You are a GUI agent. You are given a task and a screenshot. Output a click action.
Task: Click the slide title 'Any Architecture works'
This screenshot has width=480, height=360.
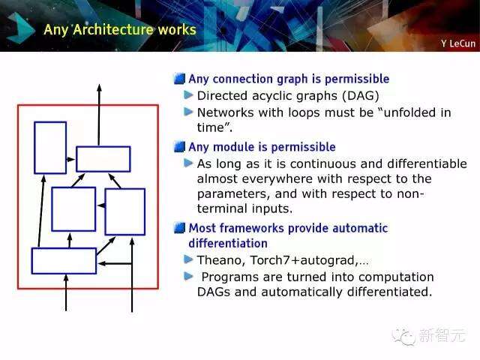click(120, 30)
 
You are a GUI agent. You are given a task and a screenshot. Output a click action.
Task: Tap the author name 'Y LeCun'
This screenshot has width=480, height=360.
click(457, 43)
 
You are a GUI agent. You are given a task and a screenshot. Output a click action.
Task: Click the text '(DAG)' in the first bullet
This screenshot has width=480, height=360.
click(361, 95)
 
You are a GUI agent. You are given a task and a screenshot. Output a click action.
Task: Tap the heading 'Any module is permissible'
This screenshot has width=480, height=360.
click(262, 147)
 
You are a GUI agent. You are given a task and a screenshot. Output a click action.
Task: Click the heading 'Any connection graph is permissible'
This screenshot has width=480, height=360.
click(289, 79)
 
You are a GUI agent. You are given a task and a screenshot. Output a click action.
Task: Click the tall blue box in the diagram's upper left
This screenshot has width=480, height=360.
click(50, 148)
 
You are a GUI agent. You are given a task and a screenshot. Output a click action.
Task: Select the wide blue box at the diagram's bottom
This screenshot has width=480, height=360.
click(64, 260)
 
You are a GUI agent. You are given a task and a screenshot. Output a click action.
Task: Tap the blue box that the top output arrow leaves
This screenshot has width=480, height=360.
click(103, 159)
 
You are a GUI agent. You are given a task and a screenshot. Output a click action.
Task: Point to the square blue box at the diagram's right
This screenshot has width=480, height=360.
click(124, 211)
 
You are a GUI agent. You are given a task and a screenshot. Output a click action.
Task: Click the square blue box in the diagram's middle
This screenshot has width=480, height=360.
click(73, 209)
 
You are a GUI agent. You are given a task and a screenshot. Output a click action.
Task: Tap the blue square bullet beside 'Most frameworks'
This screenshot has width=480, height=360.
click(178, 228)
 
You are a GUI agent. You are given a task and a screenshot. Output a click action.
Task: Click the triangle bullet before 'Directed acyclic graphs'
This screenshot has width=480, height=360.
click(189, 95)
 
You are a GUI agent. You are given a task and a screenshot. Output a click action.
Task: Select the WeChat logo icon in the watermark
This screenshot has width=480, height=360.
click(406, 335)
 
